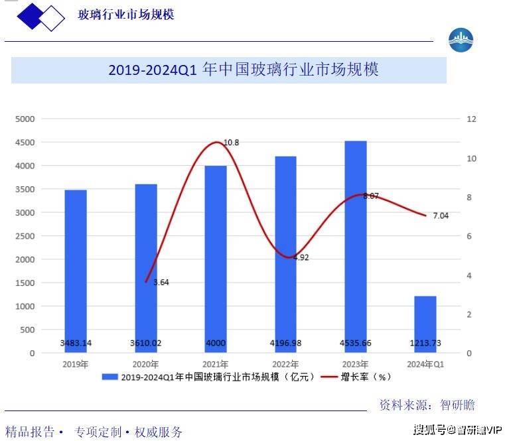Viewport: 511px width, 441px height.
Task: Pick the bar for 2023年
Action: [x=356, y=245]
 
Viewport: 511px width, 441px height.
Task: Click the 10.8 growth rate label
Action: [x=231, y=143]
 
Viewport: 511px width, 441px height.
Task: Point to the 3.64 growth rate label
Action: [x=161, y=283]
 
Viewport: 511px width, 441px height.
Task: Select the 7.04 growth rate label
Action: [x=441, y=216]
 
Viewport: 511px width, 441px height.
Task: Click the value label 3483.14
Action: [x=76, y=344]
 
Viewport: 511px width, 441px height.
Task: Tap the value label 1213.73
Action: [x=425, y=344]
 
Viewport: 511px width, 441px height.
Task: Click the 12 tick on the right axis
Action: [x=472, y=119]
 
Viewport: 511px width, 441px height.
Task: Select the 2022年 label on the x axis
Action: [x=285, y=364]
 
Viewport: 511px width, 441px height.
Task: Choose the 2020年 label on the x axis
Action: [x=146, y=364]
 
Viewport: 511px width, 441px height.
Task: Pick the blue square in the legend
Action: [x=110, y=377]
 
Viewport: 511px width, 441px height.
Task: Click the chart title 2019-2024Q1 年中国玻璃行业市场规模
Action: [x=243, y=70]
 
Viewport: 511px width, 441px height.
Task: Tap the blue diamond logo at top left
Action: [x=40, y=17]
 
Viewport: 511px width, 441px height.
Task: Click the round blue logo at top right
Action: [x=461, y=41]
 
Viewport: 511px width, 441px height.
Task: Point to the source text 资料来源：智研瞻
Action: [x=427, y=405]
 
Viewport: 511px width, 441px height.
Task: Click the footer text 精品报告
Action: [x=30, y=432]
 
